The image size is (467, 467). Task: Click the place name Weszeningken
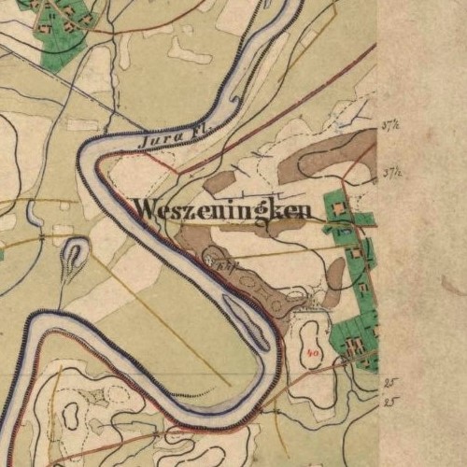(x=222, y=210)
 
